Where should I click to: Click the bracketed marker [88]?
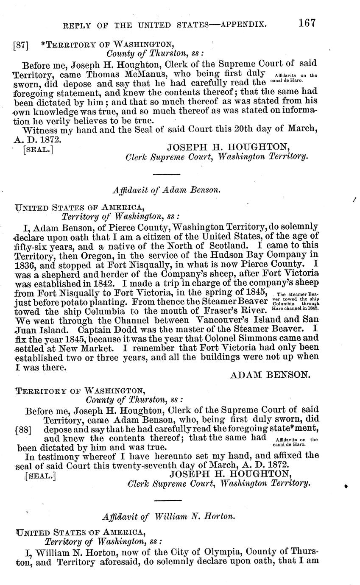(24, 429)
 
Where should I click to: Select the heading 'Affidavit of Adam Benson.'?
(167, 190)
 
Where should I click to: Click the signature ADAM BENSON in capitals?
(270, 375)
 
